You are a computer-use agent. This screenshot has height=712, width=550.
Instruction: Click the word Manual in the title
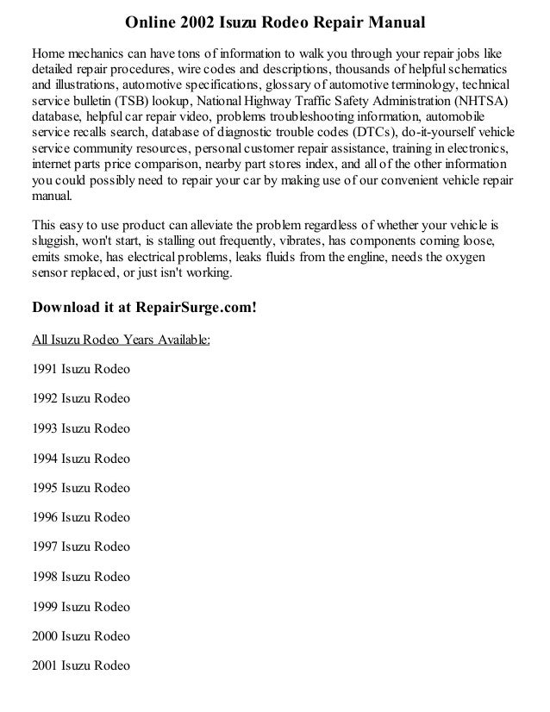tap(393, 19)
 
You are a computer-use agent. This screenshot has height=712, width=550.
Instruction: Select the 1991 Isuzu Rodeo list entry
tap(80, 369)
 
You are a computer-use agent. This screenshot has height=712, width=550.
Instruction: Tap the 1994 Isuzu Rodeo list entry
tap(80, 458)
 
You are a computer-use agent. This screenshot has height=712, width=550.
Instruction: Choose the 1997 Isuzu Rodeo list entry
tap(80, 546)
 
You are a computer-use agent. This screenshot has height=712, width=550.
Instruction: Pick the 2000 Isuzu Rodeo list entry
tap(80, 636)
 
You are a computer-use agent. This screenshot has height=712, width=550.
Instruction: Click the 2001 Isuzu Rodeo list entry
tap(80, 665)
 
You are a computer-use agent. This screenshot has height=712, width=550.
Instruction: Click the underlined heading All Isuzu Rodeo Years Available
tap(121, 339)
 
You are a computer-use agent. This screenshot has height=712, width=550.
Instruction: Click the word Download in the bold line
tap(66, 308)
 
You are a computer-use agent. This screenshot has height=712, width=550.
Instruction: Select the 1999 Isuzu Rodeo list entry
tap(80, 606)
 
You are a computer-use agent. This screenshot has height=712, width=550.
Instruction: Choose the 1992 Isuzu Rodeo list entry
tap(80, 398)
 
